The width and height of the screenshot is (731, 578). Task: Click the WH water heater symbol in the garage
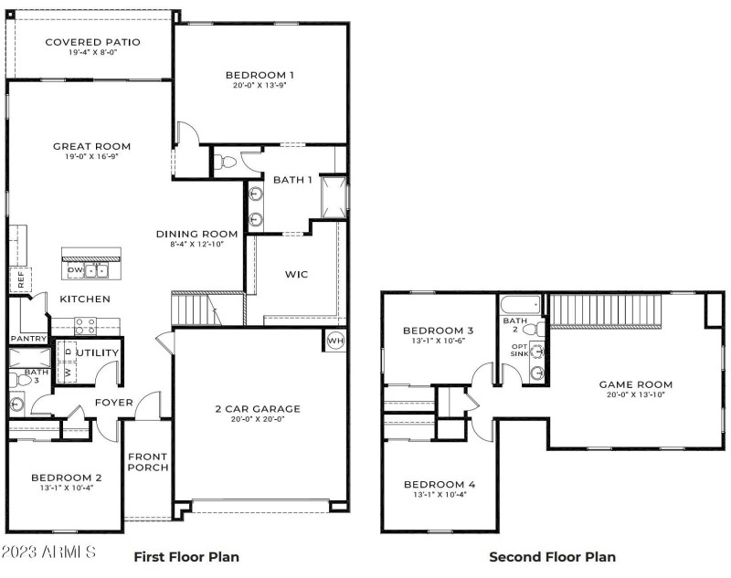point(334,342)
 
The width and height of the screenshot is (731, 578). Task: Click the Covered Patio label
point(92,42)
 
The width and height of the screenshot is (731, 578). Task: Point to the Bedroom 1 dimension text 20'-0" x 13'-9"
point(261,87)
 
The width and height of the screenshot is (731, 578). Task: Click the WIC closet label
point(298,273)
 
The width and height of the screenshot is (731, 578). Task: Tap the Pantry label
point(28,339)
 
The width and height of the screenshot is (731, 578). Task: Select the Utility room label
point(99,352)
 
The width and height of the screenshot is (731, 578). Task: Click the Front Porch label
point(146,464)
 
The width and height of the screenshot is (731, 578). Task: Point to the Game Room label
point(635,384)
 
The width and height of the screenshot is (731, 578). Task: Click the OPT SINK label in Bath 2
point(518,352)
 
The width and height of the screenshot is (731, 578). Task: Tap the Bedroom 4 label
point(439,484)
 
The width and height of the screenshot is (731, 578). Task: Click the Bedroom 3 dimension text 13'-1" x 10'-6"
point(439,342)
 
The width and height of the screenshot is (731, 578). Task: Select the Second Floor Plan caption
point(552,556)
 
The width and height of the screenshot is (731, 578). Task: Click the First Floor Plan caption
point(187,556)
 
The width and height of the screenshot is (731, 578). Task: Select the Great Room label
point(91,146)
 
